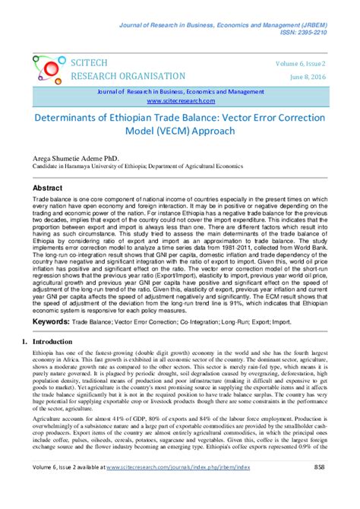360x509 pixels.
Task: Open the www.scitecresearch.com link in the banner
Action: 178,100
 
